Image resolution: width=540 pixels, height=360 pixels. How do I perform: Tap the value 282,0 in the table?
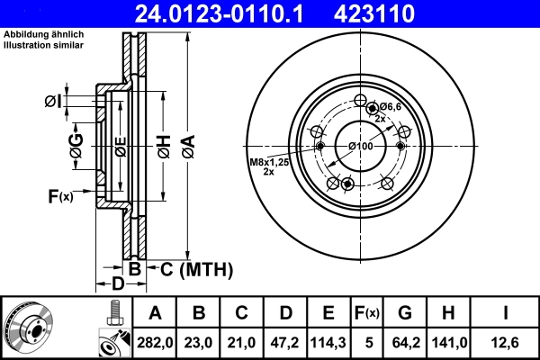pyautogui.click(x=155, y=342)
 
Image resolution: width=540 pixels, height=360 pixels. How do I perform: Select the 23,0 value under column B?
pyautogui.click(x=200, y=342)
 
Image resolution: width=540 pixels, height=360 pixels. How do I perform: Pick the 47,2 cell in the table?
pyautogui.click(x=285, y=342)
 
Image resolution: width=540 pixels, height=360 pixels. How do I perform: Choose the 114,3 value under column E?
pyautogui.click(x=328, y=342)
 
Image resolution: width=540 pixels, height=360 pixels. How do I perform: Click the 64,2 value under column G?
pyautogui.click(x=405, y=342)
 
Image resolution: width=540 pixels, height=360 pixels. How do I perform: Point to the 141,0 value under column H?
pyautogui.click(x=449, y=342)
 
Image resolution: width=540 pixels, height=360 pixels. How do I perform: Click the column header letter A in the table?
pyautogui.click(x=155, y=314)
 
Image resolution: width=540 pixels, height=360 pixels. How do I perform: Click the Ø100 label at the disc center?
pyautogui.click(x=360, y=146)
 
